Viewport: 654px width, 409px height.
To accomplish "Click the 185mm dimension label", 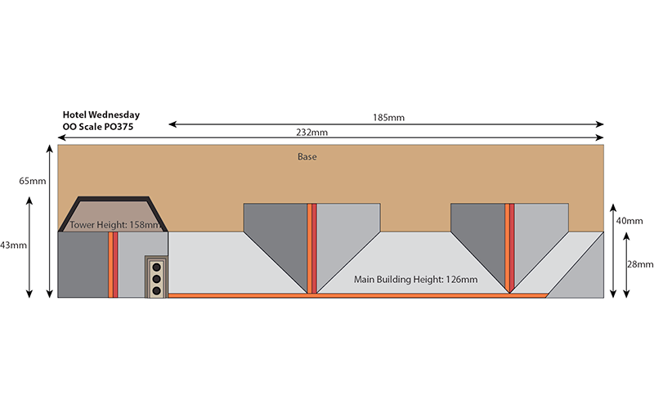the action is (x=388, y=118).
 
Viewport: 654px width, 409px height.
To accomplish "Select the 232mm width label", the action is (x=312, y=133).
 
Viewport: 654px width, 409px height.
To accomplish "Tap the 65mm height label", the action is (x=33, y=181).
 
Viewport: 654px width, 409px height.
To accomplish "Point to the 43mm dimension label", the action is (x=13, y=245).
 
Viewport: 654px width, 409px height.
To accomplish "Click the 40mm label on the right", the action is (x=629, y=221).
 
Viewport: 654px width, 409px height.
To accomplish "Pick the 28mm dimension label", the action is (x=640, y=264).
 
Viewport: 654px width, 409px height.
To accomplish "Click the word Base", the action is (x=307, y=157).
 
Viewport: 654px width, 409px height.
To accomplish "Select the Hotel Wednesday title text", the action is (x=101, y=115).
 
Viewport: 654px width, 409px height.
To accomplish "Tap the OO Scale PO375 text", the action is (x=98, y=127).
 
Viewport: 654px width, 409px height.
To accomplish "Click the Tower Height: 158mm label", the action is (x=115, y=225).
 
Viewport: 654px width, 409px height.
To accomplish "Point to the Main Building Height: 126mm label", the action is (x=416, y=280).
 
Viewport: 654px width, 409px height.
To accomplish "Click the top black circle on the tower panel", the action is (x=157, y=267).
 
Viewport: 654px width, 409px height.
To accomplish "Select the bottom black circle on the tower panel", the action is (x=157, y=290).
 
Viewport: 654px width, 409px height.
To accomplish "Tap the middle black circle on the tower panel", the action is (x=157, y=279).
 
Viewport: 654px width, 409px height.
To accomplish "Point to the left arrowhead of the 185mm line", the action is (x=172, y=124).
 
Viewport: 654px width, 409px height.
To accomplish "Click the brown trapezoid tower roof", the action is (x=114, y=214).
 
